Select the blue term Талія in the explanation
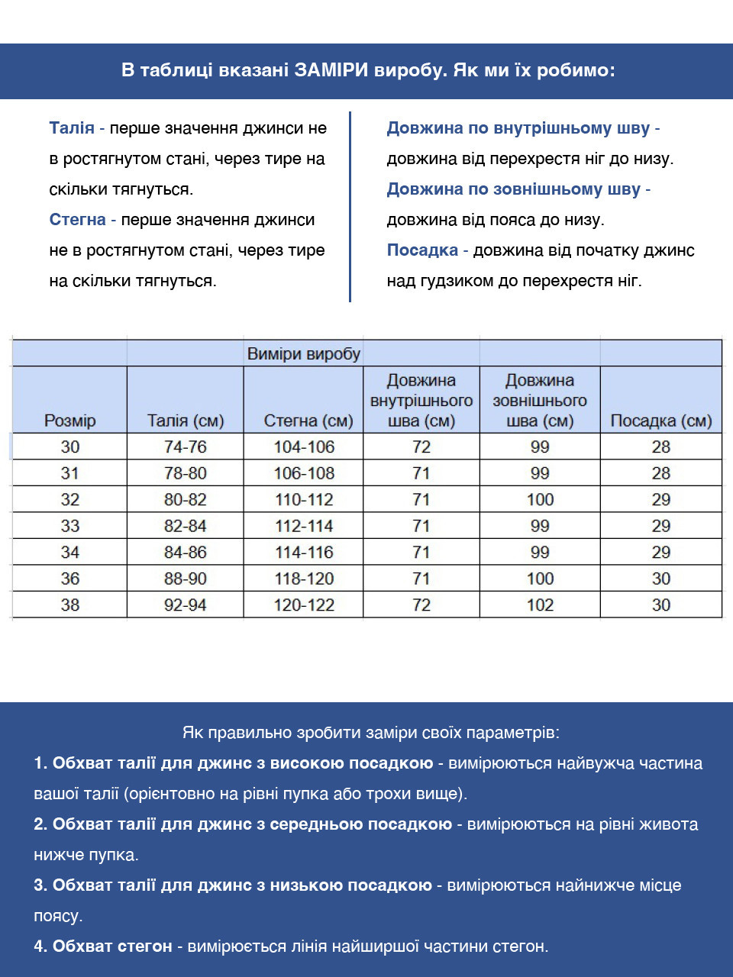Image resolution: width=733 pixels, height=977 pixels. click(x=72, y=128)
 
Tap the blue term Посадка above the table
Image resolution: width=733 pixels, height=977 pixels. click(x=422, y=250)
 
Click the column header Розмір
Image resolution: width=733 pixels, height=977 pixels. click(x=70, y=421)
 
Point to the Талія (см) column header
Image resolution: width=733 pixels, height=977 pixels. click(x=186, y=421)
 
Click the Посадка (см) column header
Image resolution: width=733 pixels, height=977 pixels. click(x=661, y=421)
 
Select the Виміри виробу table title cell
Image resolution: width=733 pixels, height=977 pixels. click(x=303, y=354)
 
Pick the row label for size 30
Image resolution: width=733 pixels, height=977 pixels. click(x=70, y=447)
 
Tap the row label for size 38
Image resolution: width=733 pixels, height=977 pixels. click(x=70, y=605)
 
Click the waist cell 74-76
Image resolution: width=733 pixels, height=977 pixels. click(x=186, y=447)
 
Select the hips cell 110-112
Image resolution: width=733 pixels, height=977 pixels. click(x=304, y=500)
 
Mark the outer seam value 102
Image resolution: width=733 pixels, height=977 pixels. click(x=540, y=605)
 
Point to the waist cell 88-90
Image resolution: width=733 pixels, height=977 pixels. click(x=186, y=579)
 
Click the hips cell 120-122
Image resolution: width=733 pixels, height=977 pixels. click(x=304, y=605)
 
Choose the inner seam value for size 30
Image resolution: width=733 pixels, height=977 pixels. click(x=421, y=447)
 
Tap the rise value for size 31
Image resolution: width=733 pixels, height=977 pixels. click(x=661, y=473)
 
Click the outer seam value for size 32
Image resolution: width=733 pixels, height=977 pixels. click(x=540, y=500)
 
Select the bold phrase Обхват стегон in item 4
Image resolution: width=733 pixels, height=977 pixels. click(x=112, y=946)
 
